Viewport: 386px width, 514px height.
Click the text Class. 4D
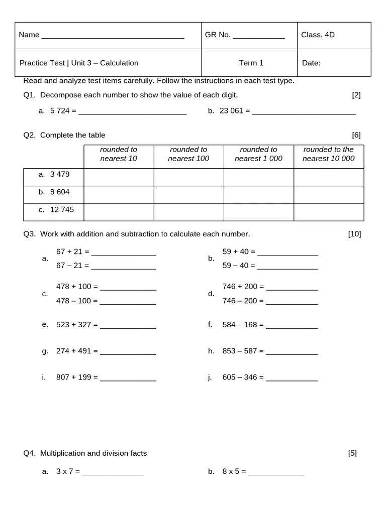coord(318,35)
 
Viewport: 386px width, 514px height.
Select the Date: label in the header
coord(311,63)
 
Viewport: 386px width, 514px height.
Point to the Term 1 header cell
coord(251,63)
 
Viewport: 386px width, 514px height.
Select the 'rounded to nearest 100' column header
coord(188,154)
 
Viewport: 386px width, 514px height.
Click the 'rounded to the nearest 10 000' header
coord(328,154)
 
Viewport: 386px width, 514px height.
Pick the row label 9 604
coord(60,192)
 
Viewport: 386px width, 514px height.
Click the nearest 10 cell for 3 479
coord(119,177)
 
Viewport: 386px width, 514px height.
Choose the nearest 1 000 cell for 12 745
coord(258,212)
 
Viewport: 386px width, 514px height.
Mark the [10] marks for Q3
coord(354,234)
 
